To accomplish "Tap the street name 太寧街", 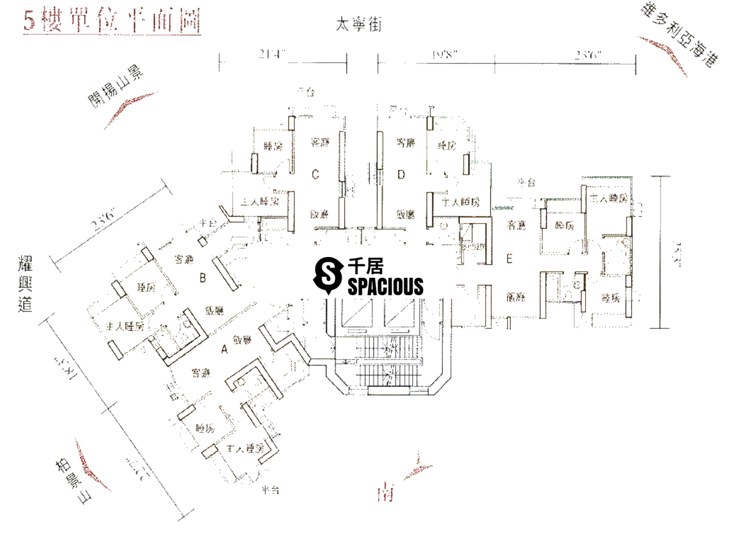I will tap(359, 25).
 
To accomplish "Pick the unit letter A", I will tap(224, 350).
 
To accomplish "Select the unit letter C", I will tap(315, 175).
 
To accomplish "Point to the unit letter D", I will tap(401, 175).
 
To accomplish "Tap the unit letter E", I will tap(509, 259).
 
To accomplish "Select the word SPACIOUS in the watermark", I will tap(385, 286).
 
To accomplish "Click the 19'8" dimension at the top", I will tap(445, 55).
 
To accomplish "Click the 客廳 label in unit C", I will tap(319, 143).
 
